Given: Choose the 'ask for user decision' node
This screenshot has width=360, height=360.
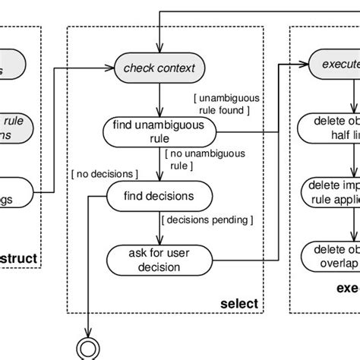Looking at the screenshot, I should [x=159, y=259].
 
